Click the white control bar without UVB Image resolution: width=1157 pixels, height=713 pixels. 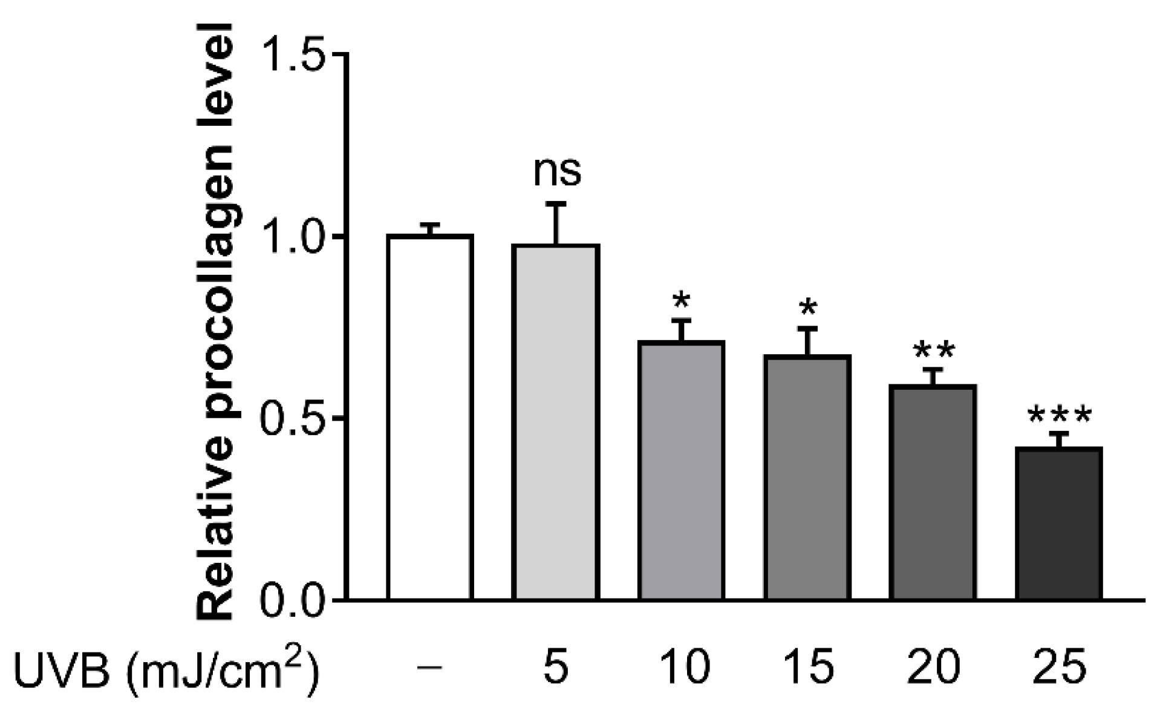tap(430, 418)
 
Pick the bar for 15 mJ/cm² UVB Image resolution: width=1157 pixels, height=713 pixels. tap(807, 478)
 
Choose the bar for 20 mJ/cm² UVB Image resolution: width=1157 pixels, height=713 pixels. tap(933, 493)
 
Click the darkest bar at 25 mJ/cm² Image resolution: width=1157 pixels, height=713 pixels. tap(1058, 524)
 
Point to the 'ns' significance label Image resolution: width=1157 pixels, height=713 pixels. tap(557, 172)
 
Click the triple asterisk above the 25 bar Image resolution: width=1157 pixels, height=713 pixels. tap(1059, 416)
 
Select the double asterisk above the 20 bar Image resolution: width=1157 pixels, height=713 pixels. tap(934, 350)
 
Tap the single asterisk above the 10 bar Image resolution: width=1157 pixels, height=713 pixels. tap(681, 300)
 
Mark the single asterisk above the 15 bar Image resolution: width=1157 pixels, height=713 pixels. tap(807, 308)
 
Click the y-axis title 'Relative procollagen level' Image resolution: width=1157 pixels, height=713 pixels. tap(217, 321)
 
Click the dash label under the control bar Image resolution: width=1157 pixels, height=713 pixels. tap(430, 667)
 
